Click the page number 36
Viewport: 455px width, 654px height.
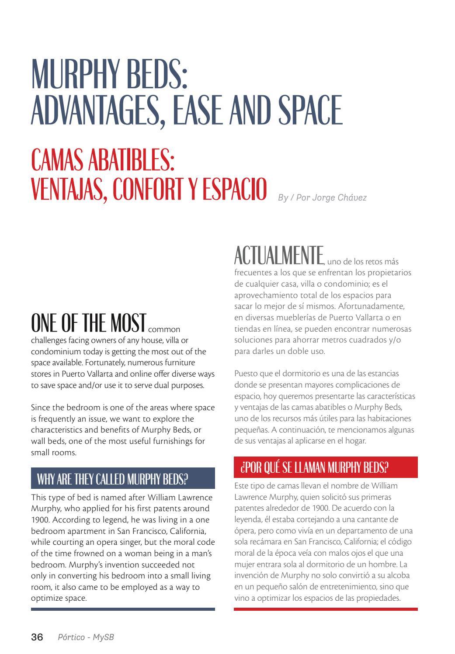click(x=37, y=637)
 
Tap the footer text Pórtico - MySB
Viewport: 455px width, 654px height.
click(x=86, y=637)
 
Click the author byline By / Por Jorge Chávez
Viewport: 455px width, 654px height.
click(x=322, y=197)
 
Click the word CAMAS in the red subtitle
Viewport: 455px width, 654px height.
click(x=57, y=161)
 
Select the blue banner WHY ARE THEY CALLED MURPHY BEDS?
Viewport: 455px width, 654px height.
click(x=123, y=479)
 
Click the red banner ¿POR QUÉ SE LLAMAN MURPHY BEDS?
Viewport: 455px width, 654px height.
click(x=326, y=467)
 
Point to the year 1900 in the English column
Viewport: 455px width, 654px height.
click(x=40, y=520)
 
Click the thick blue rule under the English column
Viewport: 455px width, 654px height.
click(x=123, y=609)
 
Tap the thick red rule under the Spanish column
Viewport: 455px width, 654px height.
click(x=326, y=609)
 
